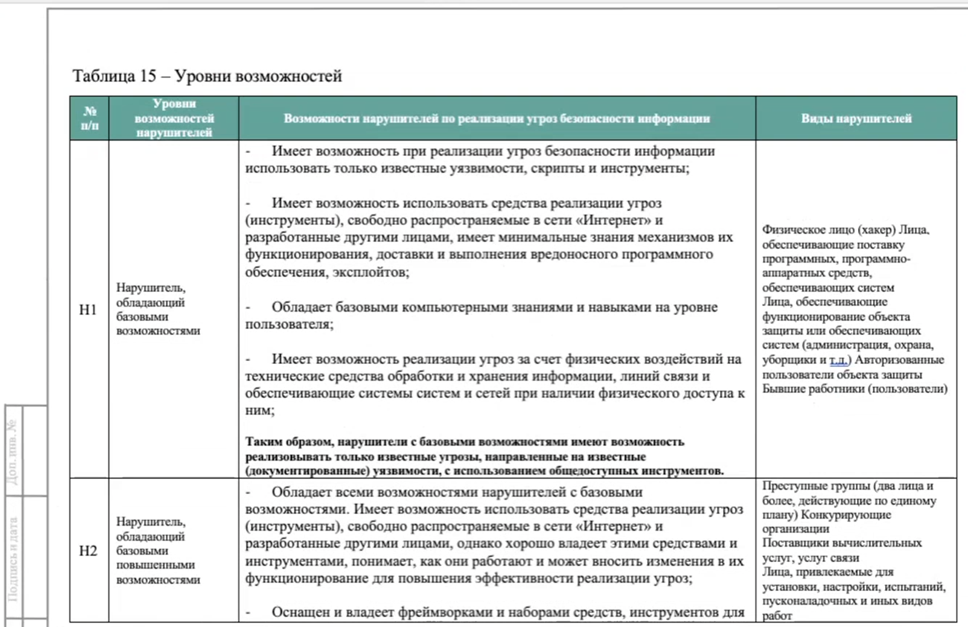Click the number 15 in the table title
point(148,76)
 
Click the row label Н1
point(88,310)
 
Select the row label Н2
point(88,551)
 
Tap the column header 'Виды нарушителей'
point(856,118)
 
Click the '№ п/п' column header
point(89,118)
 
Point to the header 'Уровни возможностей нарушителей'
point(174,118)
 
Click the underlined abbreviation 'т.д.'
point(839,360)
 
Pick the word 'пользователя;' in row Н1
point(289,324)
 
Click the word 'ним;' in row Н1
point(260,411)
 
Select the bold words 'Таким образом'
point(289,442)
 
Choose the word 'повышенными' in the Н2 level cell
point(155,565)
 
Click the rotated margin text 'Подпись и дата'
point(13,558)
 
